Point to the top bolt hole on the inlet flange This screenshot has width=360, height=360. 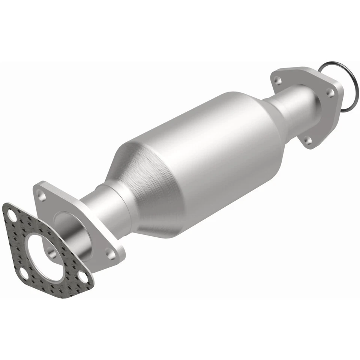pyautogui.click(x=42, y=196)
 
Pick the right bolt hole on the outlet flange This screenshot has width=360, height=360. pyautogui.click(x=330, y=91)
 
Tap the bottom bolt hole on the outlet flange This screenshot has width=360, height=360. pyautogui.click(x=307, y=140)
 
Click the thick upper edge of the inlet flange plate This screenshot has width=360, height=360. pyautogui.click(x=64, y=189)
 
